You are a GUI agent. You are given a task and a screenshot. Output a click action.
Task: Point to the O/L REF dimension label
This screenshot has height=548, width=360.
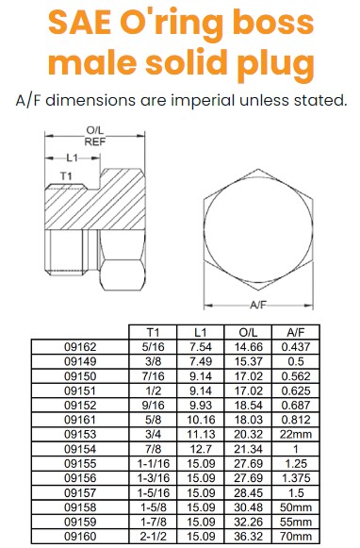95,136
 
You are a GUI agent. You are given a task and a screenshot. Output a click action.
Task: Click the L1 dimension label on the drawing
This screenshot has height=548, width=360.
72,158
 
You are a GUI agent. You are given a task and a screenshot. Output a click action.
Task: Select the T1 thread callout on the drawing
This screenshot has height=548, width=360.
66,176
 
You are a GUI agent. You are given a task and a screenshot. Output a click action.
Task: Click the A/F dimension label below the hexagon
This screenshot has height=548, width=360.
258,305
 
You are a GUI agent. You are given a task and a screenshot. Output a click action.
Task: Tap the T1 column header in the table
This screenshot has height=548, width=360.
153,332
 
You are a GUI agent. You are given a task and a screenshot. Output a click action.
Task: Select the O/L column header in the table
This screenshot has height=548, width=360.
248,332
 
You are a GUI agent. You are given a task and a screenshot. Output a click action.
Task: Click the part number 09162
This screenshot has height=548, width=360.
80,347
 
